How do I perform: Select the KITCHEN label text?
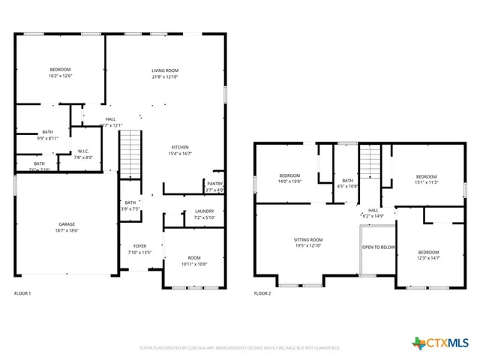click(180, 147)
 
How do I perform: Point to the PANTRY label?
click(214, 184)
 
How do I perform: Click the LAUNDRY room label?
click(204, 211)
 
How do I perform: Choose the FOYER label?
click(140, 246)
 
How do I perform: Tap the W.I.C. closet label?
click(83, 151)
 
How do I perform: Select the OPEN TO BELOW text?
click(378, 247)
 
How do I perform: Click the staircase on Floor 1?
click(130, 154)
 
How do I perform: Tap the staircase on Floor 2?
click(370, 163)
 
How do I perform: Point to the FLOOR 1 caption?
click(22, 293)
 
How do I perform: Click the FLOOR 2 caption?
click(262, 293)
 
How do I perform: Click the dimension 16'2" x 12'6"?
click(60, 76)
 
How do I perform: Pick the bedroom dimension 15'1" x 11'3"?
click(426, 181)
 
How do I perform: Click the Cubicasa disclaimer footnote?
click(240, 348)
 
